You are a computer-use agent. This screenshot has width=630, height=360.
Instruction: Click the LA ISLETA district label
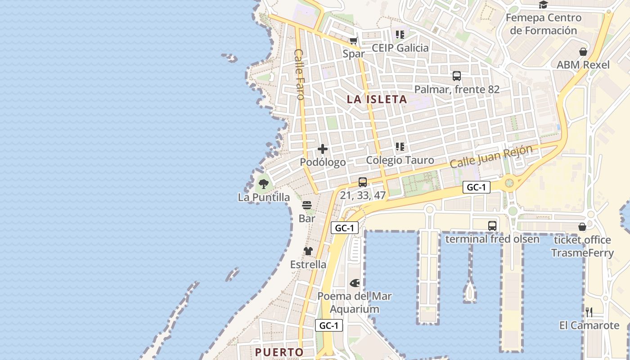pos(377,99)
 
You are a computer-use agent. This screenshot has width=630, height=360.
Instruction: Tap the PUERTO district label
pos(279,352)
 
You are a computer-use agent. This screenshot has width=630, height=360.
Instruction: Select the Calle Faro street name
pos(299,74)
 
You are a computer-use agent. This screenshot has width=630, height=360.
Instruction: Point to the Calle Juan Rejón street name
pos(491,156)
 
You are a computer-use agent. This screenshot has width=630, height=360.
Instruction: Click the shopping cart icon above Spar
pos(354,41)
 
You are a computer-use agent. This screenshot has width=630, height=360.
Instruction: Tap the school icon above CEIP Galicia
pos(400,35)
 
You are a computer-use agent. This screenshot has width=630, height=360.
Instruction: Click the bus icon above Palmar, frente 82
pos(457,76)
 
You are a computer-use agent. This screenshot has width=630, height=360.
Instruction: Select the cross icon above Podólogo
pos(323,149)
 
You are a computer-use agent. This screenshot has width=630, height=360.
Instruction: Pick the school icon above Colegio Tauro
pos(400,147)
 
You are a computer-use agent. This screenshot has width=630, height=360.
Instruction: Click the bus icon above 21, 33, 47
pos(363,182)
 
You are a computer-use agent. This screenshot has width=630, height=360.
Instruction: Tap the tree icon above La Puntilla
pos(264,184)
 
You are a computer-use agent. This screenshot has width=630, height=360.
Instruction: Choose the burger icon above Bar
pos(307,205)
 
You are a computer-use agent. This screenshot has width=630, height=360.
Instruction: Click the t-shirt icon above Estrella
pos(308,251)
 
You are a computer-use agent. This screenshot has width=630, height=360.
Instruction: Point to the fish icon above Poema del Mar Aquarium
pos(355,283)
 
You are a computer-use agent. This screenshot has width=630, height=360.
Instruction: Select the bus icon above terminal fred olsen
pos(492,225)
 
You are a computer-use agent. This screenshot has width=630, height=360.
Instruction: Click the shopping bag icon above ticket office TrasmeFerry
pos(582,226)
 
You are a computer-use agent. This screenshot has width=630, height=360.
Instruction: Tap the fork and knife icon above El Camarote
pos(589,312)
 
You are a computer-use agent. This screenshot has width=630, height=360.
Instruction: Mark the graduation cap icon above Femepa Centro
pos(544,5)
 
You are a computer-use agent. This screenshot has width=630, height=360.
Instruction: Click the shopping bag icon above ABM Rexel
pos(583,52)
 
